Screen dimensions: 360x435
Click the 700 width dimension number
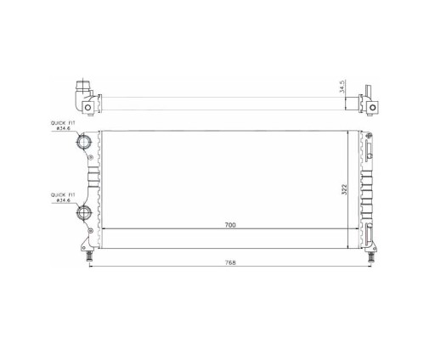point(229,225)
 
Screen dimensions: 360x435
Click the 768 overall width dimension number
point(229,262)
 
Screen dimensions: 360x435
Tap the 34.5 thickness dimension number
point(342,87)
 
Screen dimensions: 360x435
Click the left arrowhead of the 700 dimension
point(103,230)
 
